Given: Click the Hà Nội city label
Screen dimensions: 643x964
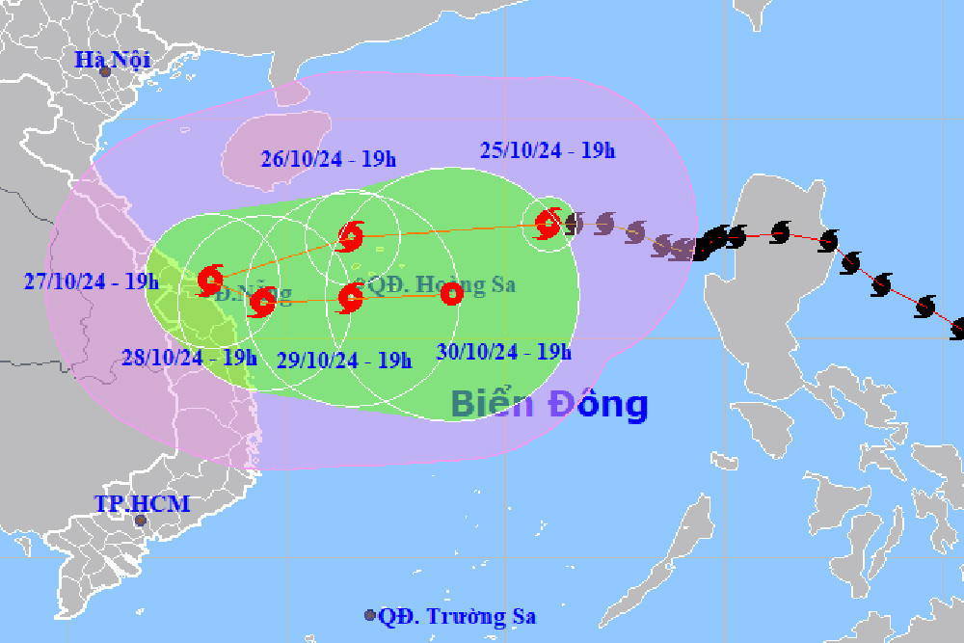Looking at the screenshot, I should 114,60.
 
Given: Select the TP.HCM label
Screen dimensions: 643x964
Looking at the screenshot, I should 142,503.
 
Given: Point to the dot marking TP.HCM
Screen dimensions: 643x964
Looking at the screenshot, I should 140,521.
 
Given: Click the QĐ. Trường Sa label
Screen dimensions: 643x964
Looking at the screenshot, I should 457,617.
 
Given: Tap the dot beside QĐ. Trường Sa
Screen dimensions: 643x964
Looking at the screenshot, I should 369,615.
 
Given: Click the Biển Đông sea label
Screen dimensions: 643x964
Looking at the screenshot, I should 549,404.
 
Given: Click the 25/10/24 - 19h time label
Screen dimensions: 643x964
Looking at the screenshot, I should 548,149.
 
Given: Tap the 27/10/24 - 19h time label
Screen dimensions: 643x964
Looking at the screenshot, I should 92,281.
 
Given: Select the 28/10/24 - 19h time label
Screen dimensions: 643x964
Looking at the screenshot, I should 190,357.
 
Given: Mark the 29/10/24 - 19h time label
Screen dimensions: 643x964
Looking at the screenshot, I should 344,360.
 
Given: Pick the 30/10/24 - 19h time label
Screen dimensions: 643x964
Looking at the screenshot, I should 504,352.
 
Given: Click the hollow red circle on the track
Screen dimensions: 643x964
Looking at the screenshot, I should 450,295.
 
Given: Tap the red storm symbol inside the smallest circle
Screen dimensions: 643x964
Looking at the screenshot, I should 548,225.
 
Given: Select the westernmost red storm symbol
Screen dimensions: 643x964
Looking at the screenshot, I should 210,281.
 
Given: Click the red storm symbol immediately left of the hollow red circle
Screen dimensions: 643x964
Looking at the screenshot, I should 350,298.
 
